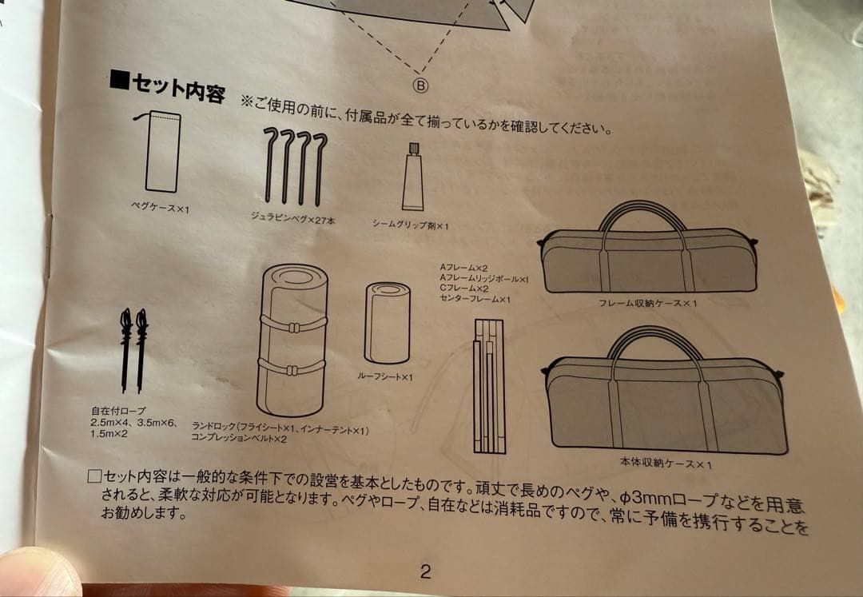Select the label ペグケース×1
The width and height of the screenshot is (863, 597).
pos(161,208)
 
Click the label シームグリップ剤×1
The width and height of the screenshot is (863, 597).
pos(411,226)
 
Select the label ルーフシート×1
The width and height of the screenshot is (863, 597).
pos(385,376)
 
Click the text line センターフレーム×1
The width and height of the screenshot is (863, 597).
pos(475,299)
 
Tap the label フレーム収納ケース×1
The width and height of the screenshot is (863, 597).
pos(649,303)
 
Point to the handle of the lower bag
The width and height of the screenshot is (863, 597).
pos(655,342)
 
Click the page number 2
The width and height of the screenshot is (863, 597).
pos(425,571)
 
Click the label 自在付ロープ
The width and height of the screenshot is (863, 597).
pos(118,410)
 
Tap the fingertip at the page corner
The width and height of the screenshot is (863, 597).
pos(36,573)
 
